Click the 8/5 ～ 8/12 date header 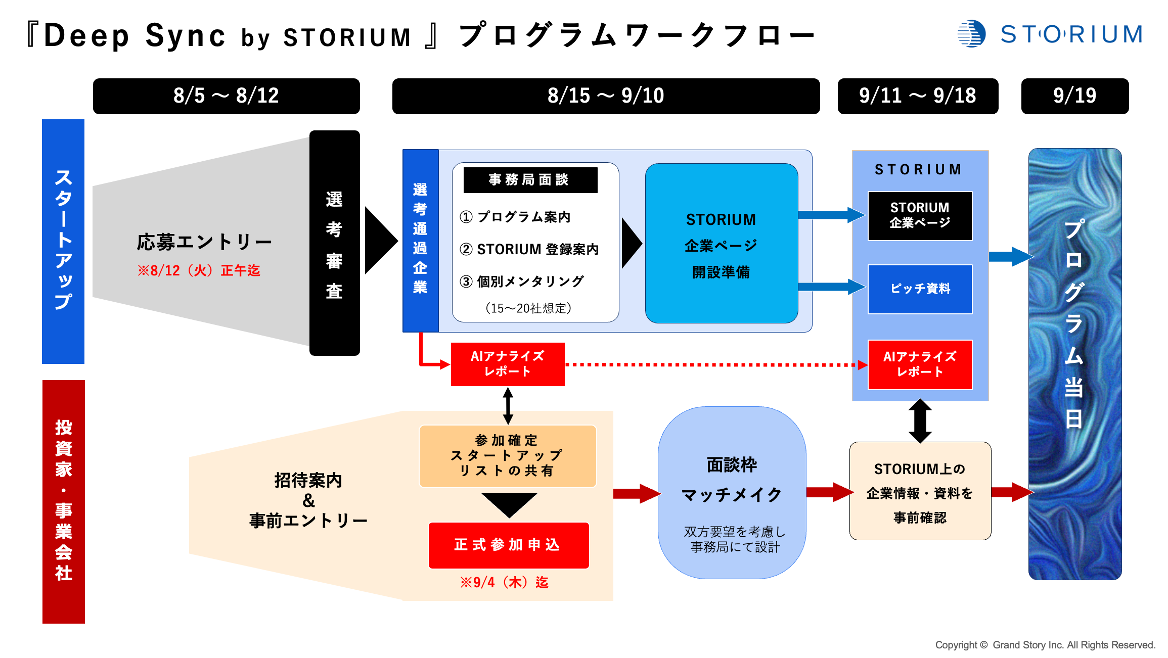[226, 96]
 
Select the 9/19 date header [1074, 96]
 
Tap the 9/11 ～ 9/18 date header [917, 96]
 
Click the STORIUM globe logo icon [971, 34]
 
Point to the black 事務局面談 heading [530, 180]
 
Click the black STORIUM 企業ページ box [920, 216]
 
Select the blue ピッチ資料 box [920, 289]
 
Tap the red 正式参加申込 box [508, 545]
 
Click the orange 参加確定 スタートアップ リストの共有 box [507, 456]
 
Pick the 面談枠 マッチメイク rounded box [732, 493]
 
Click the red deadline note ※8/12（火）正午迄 [199, 271]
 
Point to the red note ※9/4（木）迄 [504, 583]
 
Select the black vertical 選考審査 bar [334, 243]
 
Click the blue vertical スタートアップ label [63, 241]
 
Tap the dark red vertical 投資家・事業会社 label [64, 501]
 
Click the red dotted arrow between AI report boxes [713, 364]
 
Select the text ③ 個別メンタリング [521, 281]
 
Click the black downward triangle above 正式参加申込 [509, 504]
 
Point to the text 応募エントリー [204, 243]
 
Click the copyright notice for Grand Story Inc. [1045, 645]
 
